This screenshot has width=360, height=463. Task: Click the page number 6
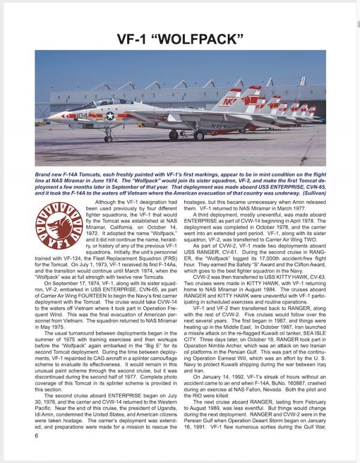pos(37,452)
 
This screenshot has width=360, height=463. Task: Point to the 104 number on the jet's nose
pos(82,115)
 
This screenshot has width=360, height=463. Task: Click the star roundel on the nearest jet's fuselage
pos(110,115)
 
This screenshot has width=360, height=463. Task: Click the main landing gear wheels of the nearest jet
pos(197,136)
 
